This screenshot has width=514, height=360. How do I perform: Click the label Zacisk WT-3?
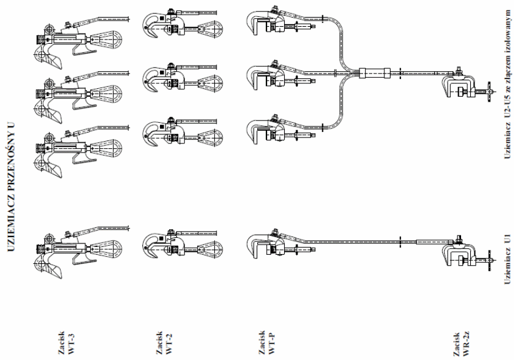pos(66,343)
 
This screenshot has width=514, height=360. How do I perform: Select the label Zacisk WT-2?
pos(164,343)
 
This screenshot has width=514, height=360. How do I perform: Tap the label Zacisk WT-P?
pos(267,342)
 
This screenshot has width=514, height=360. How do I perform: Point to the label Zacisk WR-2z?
pos(462,344)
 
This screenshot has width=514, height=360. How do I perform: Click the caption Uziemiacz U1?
pos(507,259)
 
